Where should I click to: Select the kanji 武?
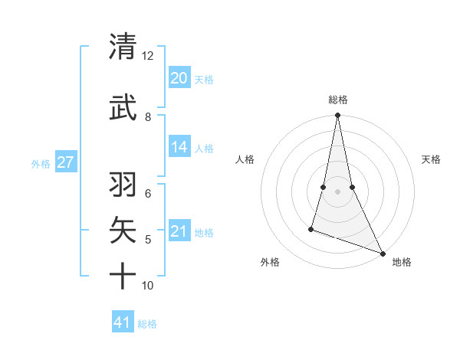point(123,106)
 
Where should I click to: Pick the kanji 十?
point(123,275)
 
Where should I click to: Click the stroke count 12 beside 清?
point(147,56)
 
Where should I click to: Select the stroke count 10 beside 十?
point(147,286)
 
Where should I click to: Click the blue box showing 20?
point(179,77)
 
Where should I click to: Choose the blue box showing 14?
point(179,147)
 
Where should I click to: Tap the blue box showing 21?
point(179,231)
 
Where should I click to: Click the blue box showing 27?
point(66,162)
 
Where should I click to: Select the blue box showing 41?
point(123,322)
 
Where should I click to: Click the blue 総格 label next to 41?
point(147,324)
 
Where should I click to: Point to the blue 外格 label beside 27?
point(41,163)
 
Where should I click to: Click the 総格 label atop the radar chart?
point(337,100)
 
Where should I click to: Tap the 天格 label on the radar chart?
point(431,159)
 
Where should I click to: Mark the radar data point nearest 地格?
point(382,253)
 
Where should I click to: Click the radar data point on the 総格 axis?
point(337,115)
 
